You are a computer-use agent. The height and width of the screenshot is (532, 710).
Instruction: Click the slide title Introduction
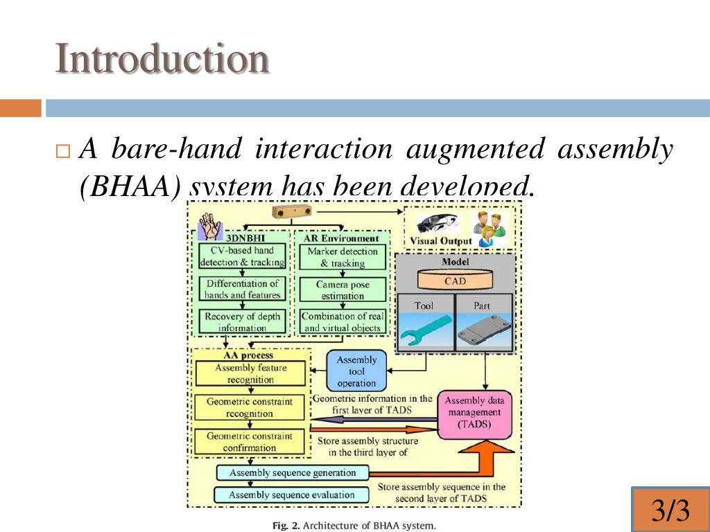[162, 59]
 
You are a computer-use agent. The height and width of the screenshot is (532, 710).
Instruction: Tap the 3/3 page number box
[670, 511]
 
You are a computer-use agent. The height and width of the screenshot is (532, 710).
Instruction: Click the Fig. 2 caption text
[354, 525]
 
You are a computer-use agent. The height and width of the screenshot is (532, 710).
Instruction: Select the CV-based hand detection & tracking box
[242, 256]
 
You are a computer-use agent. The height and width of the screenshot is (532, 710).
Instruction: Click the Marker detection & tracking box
[343, 257]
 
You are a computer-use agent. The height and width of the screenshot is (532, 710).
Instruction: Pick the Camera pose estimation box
[343, 290]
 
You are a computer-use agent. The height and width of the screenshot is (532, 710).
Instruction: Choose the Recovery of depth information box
[242, 322]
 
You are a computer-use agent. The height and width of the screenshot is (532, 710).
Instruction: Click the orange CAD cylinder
[455, 281]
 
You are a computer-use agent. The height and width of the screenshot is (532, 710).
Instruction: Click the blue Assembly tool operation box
[356, 371]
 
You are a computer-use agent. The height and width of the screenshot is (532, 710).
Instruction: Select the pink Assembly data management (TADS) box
[474, 413]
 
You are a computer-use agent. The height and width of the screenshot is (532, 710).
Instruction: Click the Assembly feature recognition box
[250, 374]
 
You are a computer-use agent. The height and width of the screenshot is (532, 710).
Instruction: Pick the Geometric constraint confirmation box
[250, 442]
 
